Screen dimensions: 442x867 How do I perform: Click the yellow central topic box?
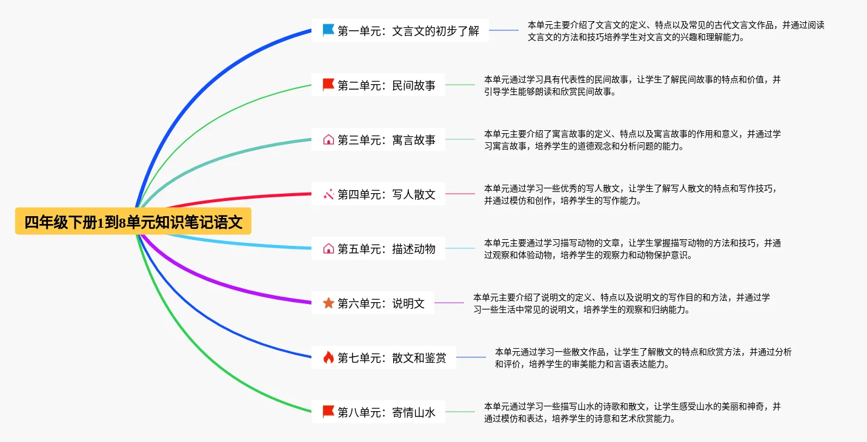tap(133, 222)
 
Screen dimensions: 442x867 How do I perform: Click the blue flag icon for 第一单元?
tap(328, 30)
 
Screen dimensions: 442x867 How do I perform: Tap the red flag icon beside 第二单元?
tap(328, 85)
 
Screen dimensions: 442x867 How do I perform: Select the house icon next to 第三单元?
tap(328, 139)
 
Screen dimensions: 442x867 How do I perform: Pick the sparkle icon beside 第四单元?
tap(328, 194)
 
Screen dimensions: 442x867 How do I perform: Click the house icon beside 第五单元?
tap(328, 248)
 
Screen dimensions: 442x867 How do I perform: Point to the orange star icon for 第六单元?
tap(328, 303)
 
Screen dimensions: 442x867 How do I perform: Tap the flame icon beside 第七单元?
tap(328, 357)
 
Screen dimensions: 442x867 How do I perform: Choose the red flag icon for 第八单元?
tap(328, 412)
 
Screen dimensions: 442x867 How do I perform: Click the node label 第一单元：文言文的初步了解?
tap(408, 30)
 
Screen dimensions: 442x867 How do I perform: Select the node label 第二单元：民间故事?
tap(387, 85)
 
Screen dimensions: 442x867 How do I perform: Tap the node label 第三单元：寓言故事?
tap(387, 139)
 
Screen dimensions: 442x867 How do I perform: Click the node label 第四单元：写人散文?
tap(387, 194)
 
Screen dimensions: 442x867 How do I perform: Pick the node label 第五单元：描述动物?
tap(387, 248)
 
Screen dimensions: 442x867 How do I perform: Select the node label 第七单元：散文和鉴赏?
tap(392, 357)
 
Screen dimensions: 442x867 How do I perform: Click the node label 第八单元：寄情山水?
tap(387, 412)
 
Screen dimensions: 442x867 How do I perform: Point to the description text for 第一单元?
tap(676, 31)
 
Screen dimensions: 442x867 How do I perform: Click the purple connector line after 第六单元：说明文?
tap(449, 303)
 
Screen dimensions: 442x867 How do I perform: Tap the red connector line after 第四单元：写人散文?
tap(460, 194)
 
